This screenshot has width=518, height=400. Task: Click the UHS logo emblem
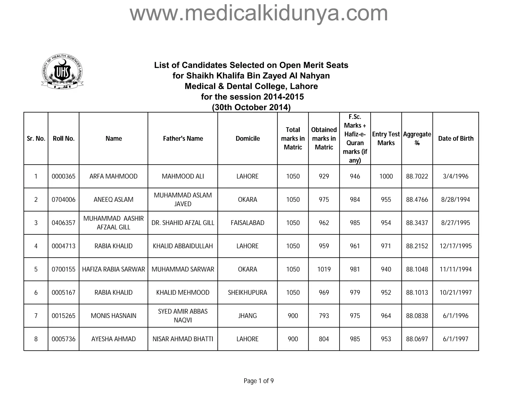click(62, 72)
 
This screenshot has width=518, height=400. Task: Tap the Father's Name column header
click(183, 139)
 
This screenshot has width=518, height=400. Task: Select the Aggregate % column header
click(417, 139)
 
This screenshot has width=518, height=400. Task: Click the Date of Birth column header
click(456, 139)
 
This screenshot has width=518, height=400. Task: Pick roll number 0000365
click(63, 176)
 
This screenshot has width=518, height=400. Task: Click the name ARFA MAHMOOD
click(113, 176)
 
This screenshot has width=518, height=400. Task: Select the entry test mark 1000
click(386, 176)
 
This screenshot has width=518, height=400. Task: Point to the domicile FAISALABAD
click(247, 223)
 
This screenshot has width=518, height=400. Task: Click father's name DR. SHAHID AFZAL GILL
click(183, 223)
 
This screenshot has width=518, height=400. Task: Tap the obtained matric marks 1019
click(324, 269)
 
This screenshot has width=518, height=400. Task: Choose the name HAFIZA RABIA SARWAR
click(113, 269)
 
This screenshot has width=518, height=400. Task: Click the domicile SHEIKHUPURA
click(247, 293)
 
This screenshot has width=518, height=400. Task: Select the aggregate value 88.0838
click(417, 316)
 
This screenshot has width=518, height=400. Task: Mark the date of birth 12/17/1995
click(456, 246)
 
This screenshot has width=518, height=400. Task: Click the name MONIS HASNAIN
click(113, 316)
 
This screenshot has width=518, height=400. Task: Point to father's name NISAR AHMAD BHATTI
click(183, 339)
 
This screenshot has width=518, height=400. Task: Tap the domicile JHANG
click(247, 316)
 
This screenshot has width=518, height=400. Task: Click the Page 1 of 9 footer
click(258, 381)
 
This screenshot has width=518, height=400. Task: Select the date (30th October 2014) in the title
click(251, 107)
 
